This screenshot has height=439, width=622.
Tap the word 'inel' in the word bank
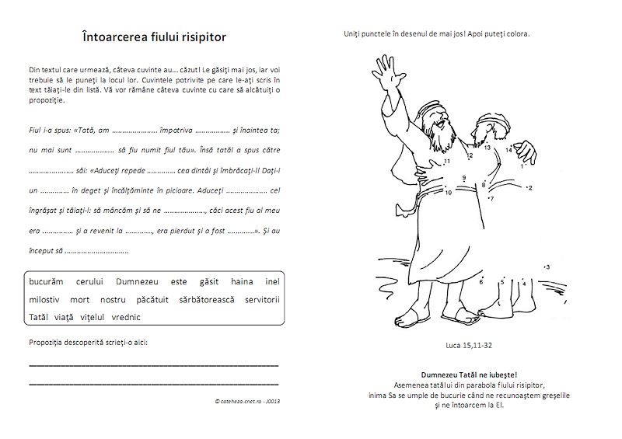coord(272,282)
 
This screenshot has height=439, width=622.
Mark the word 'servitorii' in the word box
coord(262,299)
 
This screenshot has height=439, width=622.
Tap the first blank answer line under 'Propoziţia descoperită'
coord(153,364)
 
